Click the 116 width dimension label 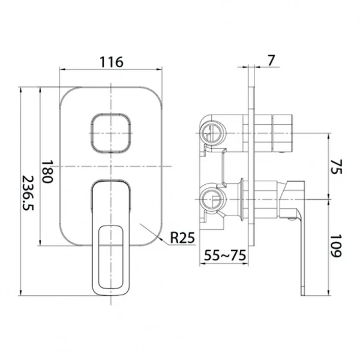click(112, 62)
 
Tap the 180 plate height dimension click(47, 171)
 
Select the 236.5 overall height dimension click(28, 193)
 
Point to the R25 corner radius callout click(182, 238)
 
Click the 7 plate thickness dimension click(271, 61)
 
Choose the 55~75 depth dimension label click(225, 256)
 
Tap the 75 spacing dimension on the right click(337, 167)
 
